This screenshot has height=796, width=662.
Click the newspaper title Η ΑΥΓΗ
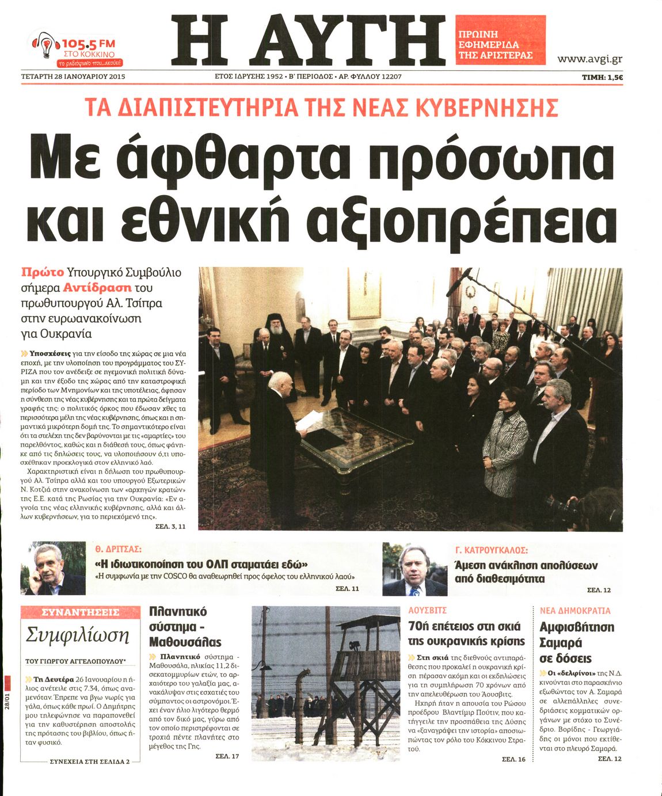click(x=309, y=40)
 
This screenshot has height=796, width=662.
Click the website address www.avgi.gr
click(x=589, y=59)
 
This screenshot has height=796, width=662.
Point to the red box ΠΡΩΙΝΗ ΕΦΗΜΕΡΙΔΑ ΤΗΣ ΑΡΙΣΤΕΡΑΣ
click(x=500, y=40)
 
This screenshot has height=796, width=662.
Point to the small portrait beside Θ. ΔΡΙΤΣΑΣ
click(x=53, y=569)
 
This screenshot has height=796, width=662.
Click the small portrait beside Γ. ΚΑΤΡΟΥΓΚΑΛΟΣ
click(x=414, y=570)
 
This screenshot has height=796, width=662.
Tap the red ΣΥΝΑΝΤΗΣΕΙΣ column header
click(x=81, y=612)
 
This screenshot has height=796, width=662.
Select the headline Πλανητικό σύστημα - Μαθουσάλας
click(x=185, y=627)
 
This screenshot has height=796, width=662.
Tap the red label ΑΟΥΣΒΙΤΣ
click(x=427, y=610)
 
